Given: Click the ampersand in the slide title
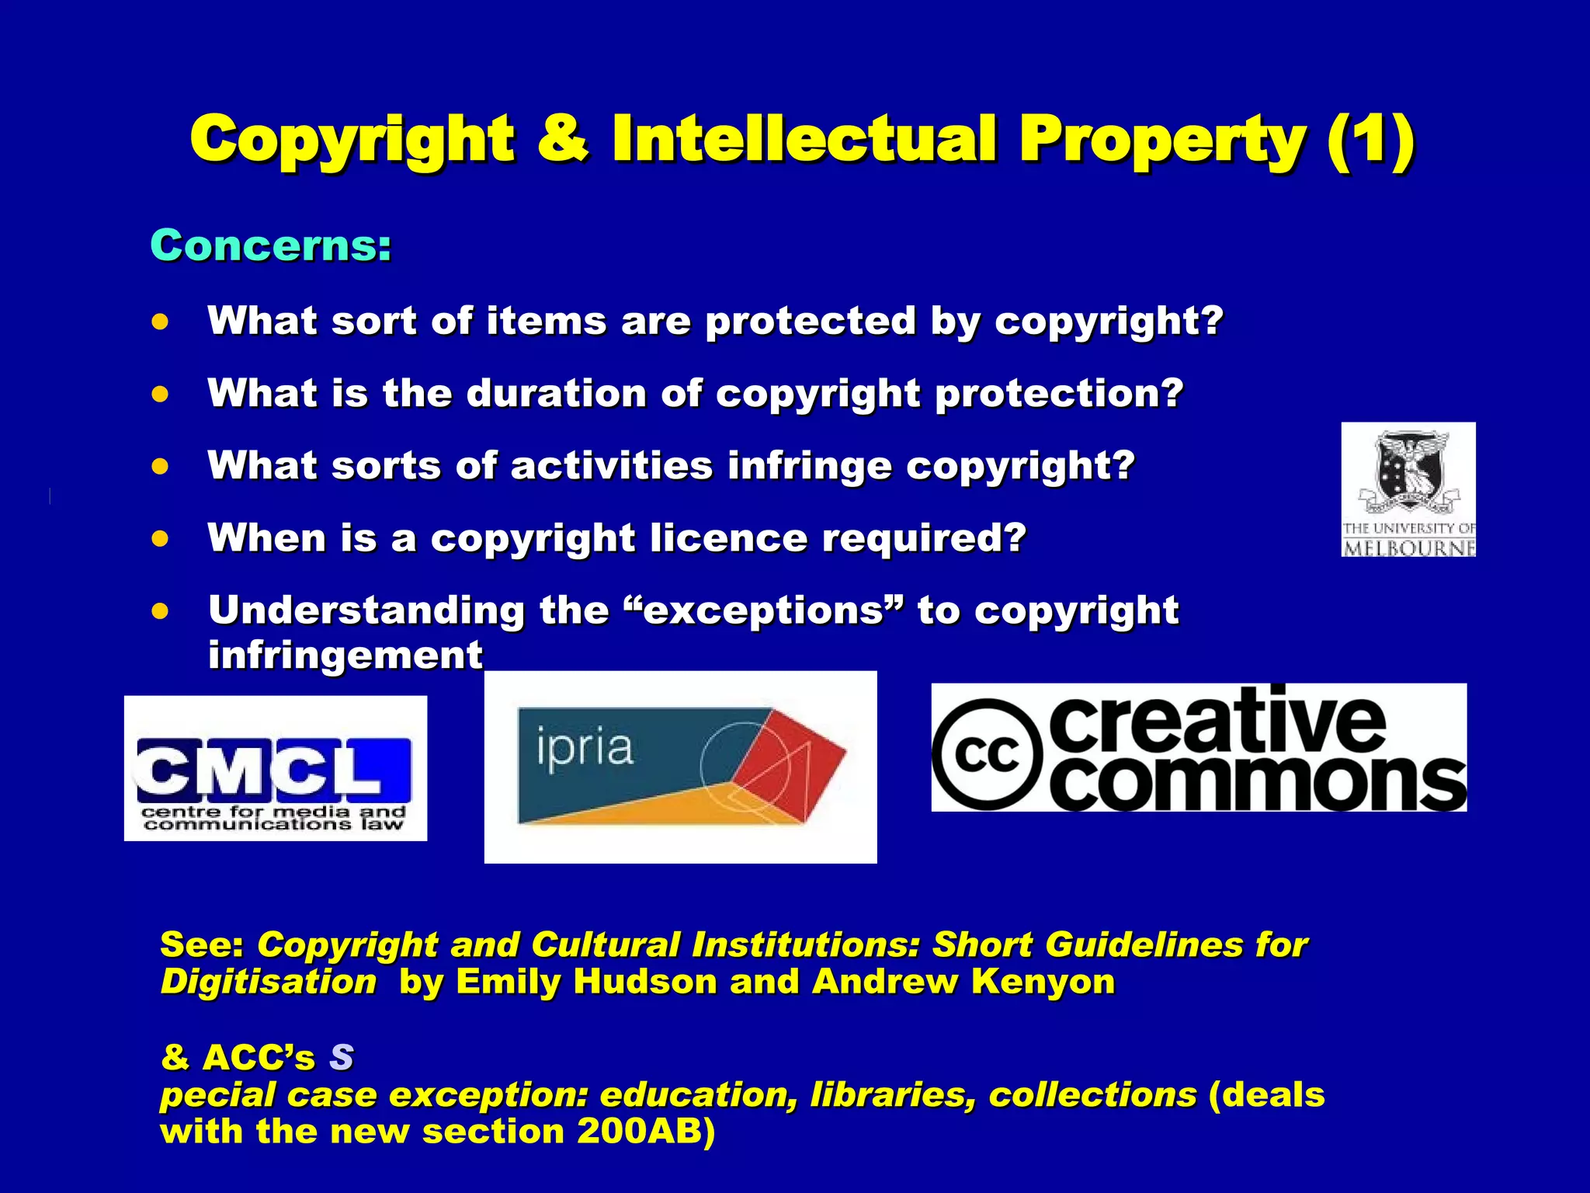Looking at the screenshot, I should [561, 140].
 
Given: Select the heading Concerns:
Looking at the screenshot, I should [271, 245].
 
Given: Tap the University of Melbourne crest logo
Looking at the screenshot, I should [1408, 489].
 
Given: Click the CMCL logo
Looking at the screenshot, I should [275, 768].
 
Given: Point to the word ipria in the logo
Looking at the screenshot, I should [585, 749].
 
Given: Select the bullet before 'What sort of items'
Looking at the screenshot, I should [160, 322].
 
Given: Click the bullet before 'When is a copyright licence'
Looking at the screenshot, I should [160, 538].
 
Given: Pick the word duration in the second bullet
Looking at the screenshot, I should [556, 393].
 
